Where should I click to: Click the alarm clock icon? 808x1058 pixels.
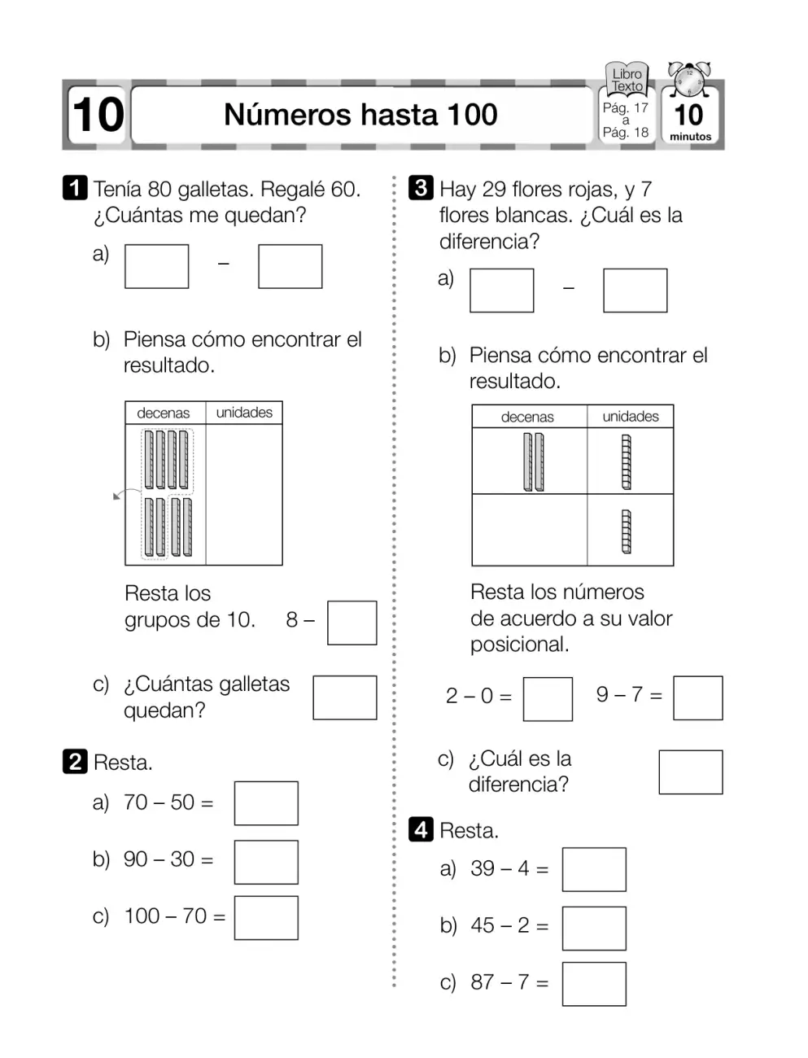click(689, 79)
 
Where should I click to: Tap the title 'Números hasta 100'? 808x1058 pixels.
click(360, 115)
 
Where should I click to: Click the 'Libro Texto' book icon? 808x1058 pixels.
click(627, 79)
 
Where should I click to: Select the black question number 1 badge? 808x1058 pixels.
click(75, 187)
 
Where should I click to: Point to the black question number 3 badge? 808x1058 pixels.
click(421, 187)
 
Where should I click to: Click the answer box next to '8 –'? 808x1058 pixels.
click(352, 623)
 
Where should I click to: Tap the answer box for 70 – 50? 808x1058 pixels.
click(266, 803)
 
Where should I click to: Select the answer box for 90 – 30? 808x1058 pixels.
click(266, 862)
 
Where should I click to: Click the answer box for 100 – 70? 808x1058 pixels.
click(266, 918)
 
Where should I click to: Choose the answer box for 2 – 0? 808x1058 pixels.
click(548, 699)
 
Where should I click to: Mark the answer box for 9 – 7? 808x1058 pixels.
click(697, 698)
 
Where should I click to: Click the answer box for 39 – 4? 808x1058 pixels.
click(594, 869)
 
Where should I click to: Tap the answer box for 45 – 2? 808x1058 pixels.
click(594, 929)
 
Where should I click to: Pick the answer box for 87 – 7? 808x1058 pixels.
click(594, 984)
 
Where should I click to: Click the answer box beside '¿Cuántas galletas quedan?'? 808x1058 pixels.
click(344, 697)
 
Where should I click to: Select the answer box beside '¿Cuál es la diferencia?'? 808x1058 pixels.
click(691, 772)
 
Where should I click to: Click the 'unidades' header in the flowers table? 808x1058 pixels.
click(631, 416)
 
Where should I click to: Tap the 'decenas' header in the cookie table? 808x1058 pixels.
click(163, 413)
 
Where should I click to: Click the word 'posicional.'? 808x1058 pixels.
click(519, 645)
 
